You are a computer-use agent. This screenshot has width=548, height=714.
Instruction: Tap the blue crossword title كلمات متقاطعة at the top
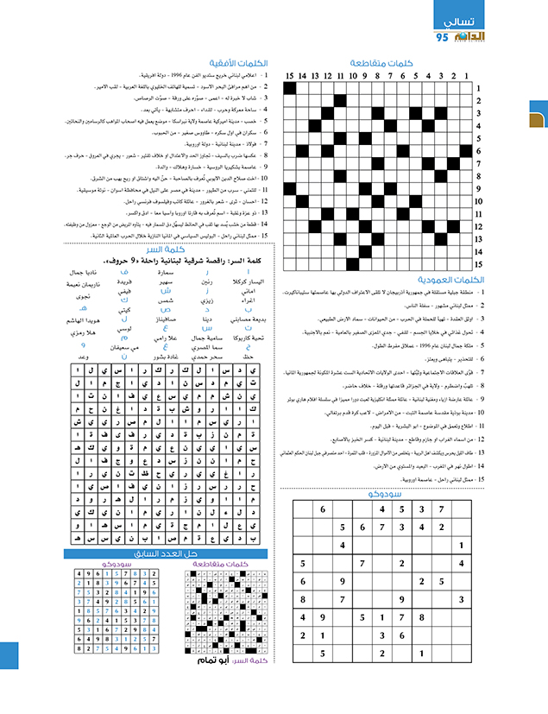383,62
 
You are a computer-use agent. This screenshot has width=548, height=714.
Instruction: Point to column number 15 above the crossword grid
290,75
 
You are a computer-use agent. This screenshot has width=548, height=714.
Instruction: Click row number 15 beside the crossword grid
477,264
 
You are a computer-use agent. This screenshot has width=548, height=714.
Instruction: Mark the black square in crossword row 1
290,87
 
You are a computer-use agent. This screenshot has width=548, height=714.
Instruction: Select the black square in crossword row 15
353,264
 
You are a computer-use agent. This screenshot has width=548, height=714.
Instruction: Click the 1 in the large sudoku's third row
462,545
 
